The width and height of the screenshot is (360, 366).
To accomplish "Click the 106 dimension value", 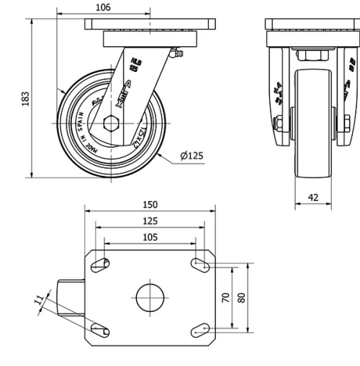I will coord(103,7).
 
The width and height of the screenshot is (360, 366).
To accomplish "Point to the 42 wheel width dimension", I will coord(312,197).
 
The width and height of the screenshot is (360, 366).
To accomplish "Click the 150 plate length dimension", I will coord(150,205).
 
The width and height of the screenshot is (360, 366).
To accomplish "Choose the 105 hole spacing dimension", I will coord(150,236).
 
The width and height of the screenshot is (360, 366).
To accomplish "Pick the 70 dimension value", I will coord(226,297).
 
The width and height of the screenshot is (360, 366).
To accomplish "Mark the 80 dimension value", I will coord(242,297).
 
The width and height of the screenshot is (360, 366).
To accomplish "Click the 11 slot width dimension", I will coord(37,300).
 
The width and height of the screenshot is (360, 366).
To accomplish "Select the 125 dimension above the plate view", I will coord(150,221).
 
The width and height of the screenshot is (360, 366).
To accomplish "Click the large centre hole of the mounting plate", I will coord(150,297).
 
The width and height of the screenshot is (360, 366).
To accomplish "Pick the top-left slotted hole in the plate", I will coord(101,264).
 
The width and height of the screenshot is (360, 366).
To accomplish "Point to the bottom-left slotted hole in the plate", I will coord(101,329).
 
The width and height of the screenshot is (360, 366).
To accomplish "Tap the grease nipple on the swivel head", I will coord(176,53).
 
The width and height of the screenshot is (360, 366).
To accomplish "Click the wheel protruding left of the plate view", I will coord(71,297).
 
